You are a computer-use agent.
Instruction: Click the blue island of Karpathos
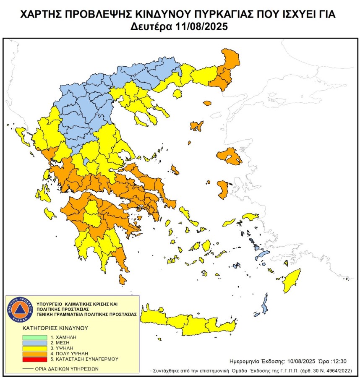pos(265,305)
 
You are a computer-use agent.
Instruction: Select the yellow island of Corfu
pos(19,134)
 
